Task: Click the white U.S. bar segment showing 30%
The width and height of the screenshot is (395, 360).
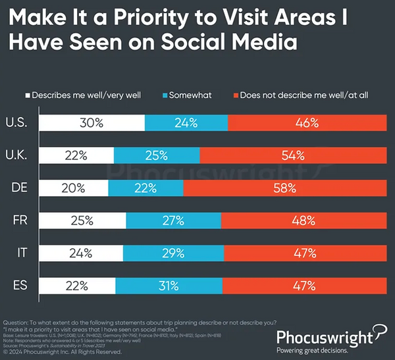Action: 92,123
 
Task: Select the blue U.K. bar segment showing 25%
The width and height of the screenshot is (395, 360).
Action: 157,155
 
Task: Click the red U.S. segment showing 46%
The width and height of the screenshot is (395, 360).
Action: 305,123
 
